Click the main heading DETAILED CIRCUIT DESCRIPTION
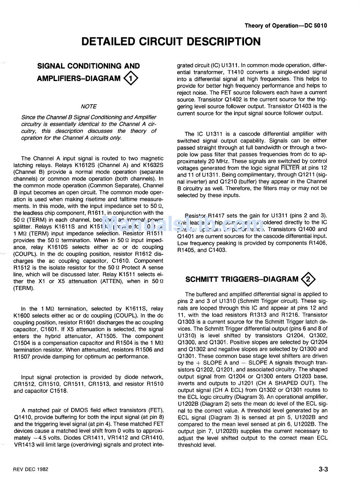coord(171,41)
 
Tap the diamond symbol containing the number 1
coord(131,79)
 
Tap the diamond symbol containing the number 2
coord(308,280)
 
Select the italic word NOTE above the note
coord(89,106)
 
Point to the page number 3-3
coord(323,470)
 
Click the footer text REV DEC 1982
coord(31,469)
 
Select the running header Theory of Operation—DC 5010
coord(285,26)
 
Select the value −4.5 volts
coord(47,438)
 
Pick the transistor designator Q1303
coord(187,322)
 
